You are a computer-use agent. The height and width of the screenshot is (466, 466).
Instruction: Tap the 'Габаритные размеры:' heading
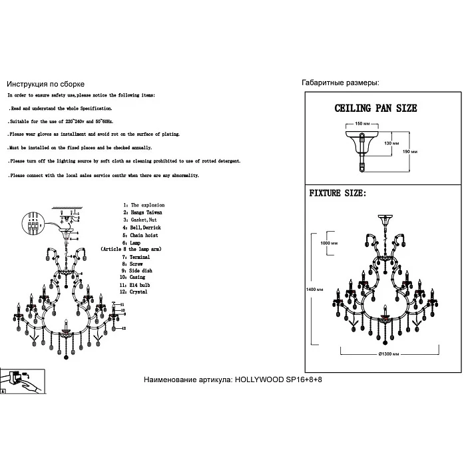(x=340, y=83)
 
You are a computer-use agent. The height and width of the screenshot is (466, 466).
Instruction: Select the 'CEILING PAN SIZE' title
(x=375, y=107)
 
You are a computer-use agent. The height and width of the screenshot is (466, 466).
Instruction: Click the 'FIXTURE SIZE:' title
(x=338, y=194)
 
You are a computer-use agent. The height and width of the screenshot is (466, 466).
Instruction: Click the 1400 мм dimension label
(x=314, y=290)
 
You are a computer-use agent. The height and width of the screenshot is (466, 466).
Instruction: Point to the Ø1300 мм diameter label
(x=389, y=354)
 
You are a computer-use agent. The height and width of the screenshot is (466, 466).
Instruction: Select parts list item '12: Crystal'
(x=134, y=292)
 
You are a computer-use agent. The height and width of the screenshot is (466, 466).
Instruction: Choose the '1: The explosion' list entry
(x=143, y=205)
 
